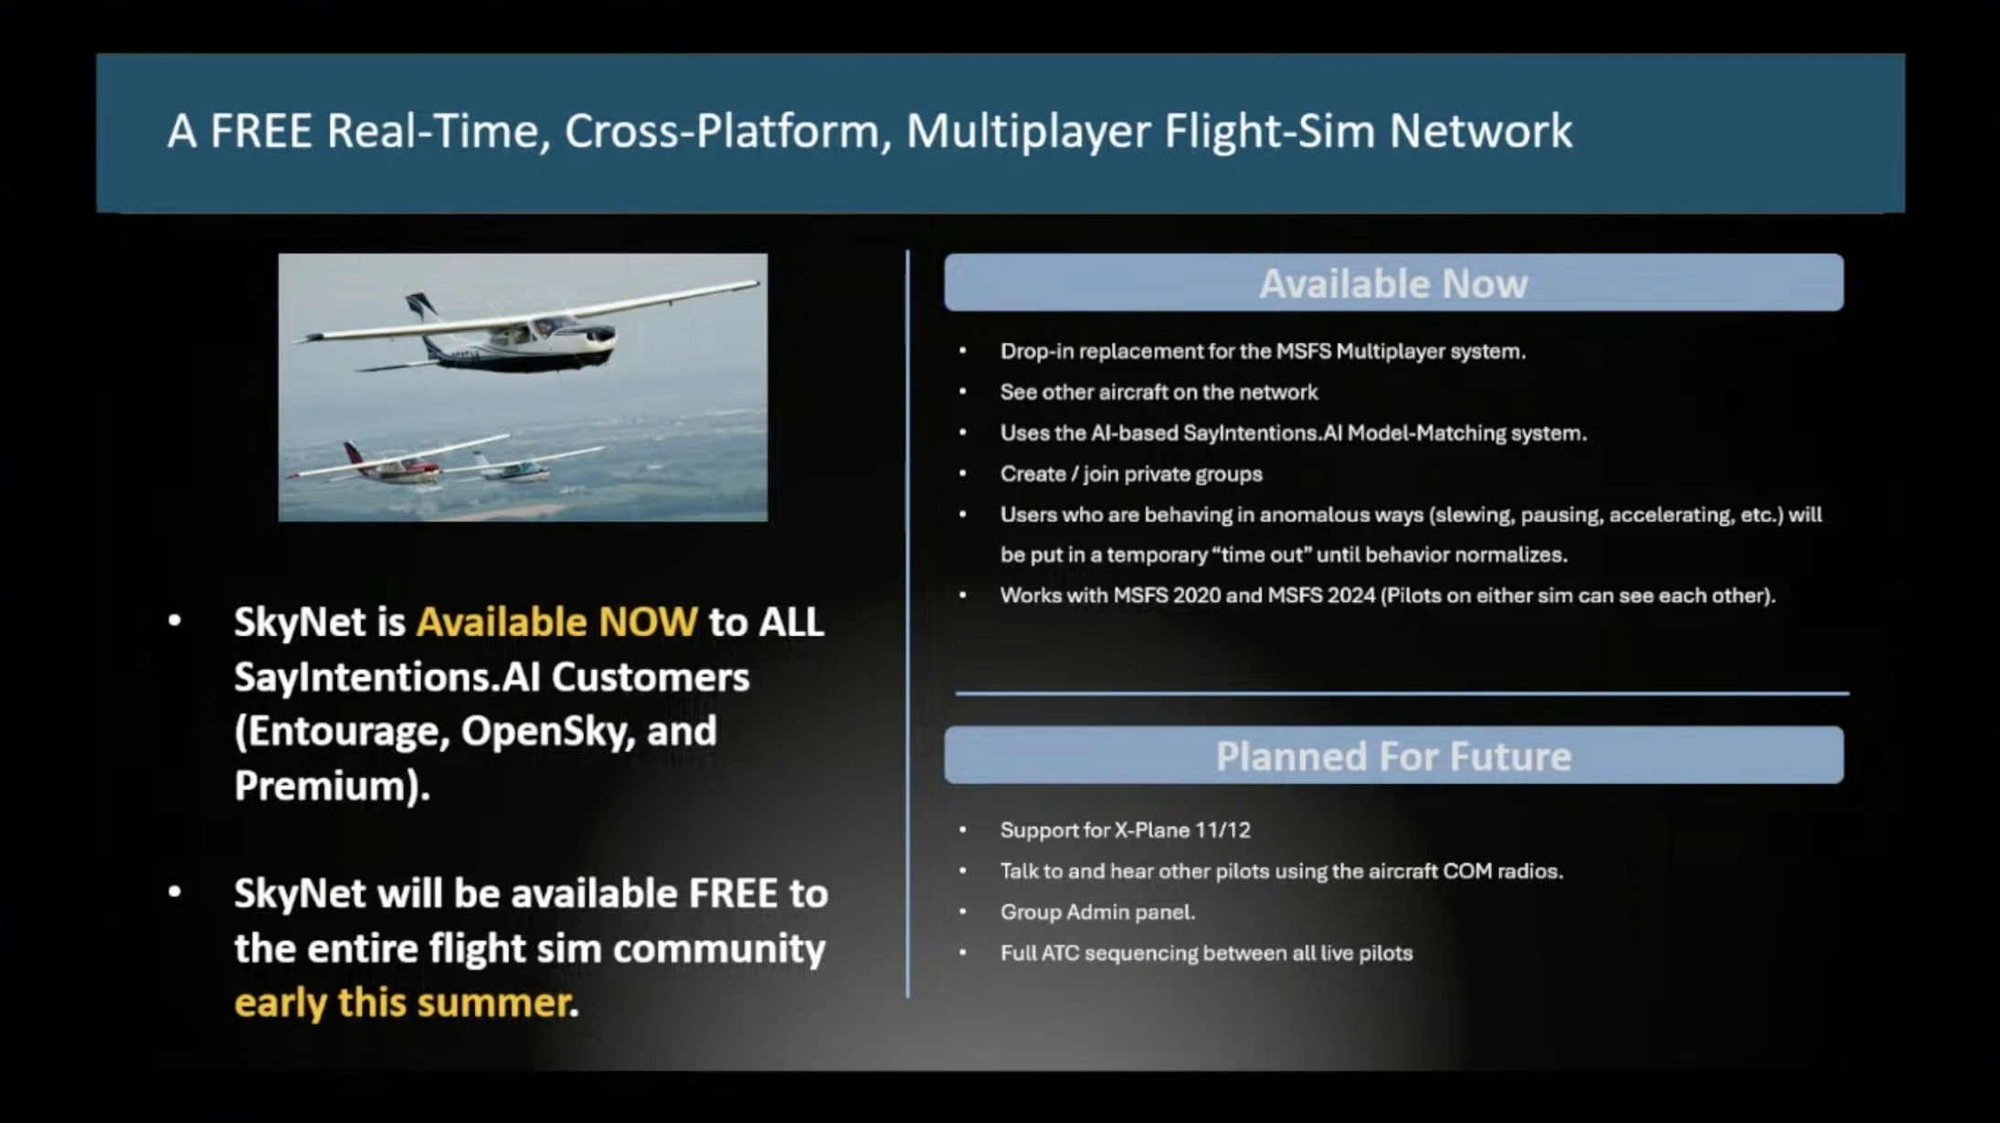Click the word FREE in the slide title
(x=261, y=131)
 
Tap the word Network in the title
(x=1481, y=131)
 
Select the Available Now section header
(x=1393, y=283)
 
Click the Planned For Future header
(x=1393, y=756)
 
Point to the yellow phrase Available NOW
(x=556, y=622)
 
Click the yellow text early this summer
(x=403, y=1003)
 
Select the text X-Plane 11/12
(x=1182, y=831)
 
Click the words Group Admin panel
(x=1097, y=912)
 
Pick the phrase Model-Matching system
(x=1466, y=433)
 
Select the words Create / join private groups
(x=1131, y=474)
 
